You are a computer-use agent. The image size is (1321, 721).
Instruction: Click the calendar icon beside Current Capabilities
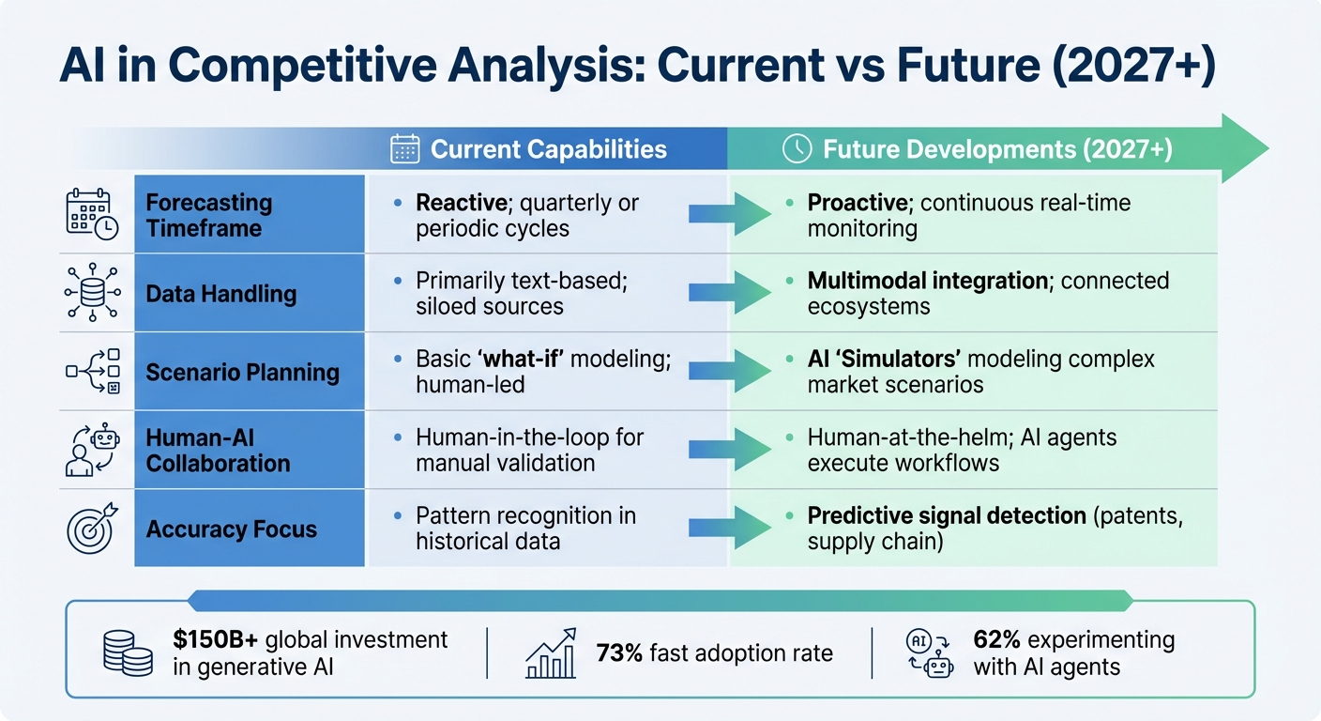coord(404,149)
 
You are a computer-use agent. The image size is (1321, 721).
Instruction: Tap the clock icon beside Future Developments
coord(797,149)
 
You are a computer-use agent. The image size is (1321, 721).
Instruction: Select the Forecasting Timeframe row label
coord(208,214)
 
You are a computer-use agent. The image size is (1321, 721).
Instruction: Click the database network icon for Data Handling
coord(93,293)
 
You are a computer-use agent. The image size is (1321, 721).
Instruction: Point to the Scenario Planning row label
coord(242,372)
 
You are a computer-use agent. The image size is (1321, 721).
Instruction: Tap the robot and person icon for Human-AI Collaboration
coord(93,450)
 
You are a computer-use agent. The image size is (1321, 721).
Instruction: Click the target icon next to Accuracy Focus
coord(93,528)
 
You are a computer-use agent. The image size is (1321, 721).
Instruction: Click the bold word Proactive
coord(857,203)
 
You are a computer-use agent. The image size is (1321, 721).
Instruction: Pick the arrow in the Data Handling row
coord(729,293)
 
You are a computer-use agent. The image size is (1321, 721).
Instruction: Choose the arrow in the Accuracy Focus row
coord(729,528)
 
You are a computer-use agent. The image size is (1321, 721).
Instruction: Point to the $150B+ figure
coord(216,640)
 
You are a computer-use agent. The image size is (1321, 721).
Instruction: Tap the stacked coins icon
coord(128,652)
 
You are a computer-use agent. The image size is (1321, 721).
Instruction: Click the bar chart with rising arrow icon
coord(551,653)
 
